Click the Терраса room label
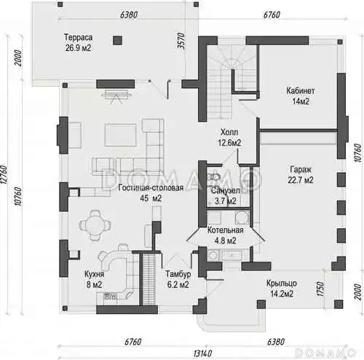click(78, 38)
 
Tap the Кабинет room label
click(301, 91)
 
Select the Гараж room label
click(301, 170)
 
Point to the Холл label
click(229, 133)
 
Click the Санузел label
click(226, 191)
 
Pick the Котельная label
click(226, 230)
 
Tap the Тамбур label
click(178, 274)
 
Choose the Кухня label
click(95, 274)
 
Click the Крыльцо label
click(282, 283)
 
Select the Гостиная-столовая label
click(151, 188)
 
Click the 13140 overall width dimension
click(202, 353)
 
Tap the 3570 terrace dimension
click(181, 41)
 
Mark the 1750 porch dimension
click(320, 289)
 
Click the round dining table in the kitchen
click(95, 225)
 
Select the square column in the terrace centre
click(117, 40)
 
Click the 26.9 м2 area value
click(78, 48)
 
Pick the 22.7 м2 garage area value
click(301, 180)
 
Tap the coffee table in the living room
click(120, 135)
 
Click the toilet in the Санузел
click(214, 177)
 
